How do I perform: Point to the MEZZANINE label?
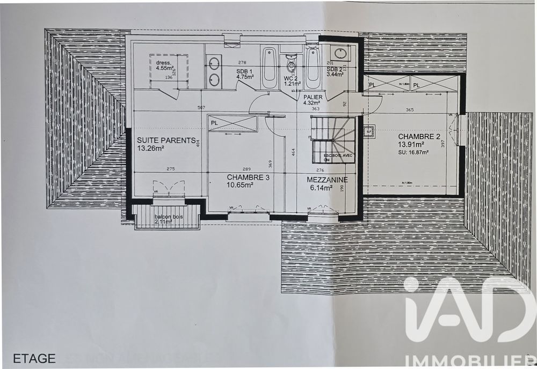[x=327, y=180]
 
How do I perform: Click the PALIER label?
[x=313, y=97]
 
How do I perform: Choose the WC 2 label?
[x=291, y=78]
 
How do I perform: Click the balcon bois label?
[x=168, y=218]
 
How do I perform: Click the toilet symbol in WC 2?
[x=291, y=65]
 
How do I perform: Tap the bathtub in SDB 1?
[x=270, y=68]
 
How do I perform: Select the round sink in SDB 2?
[x=340, y=53]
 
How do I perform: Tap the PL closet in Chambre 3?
[x=233, y=123]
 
